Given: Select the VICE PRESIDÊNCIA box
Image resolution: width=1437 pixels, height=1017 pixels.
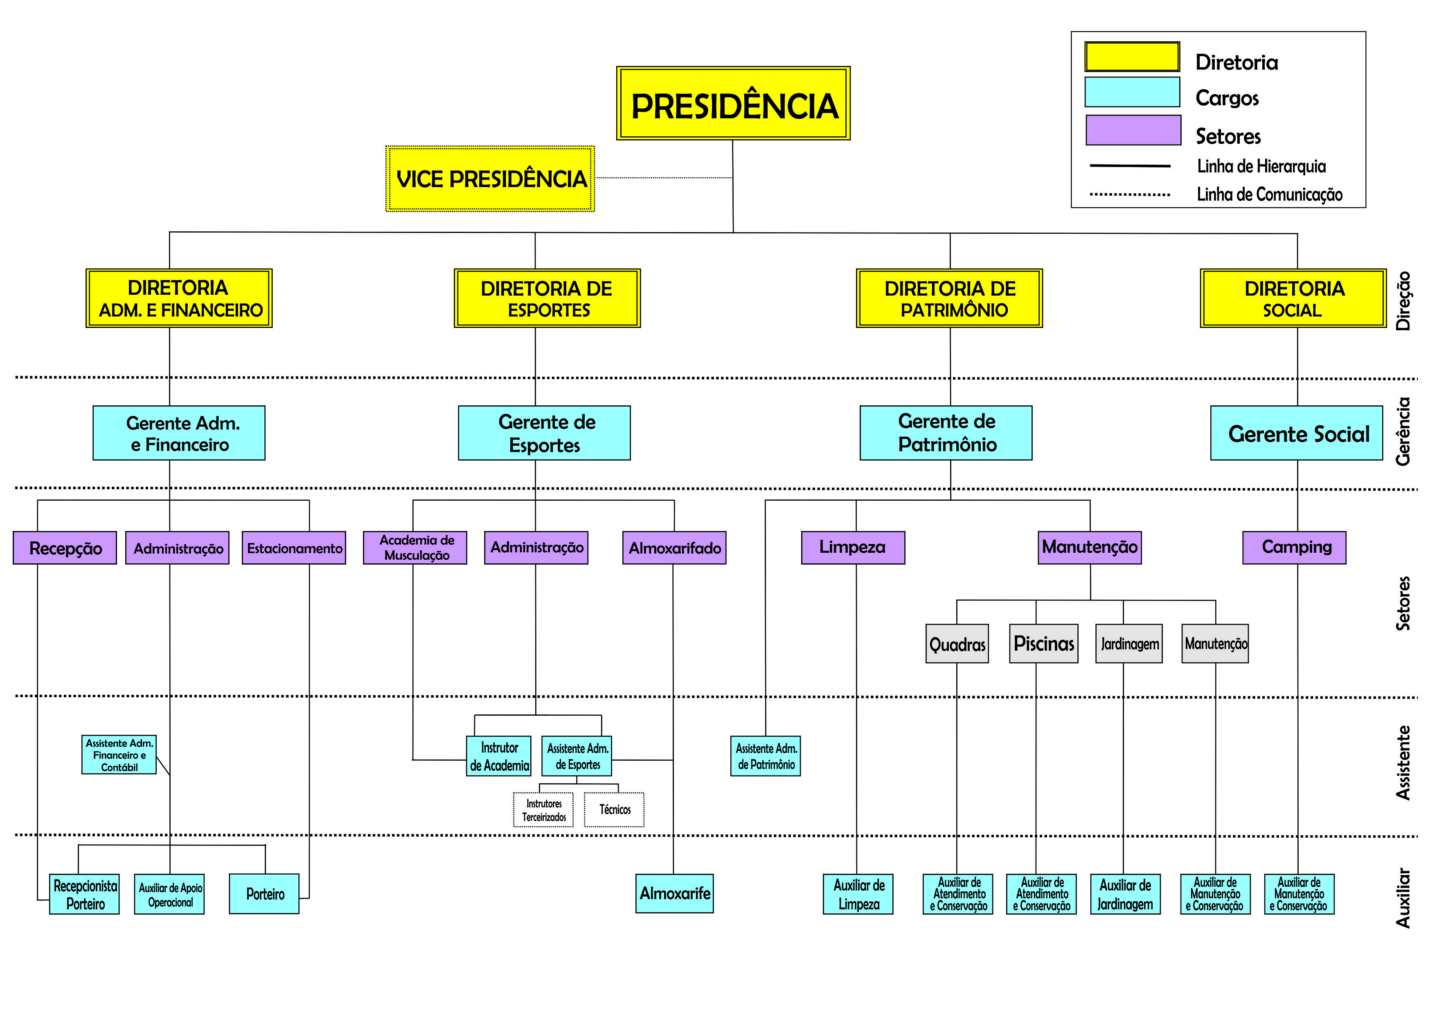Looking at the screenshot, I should pyautogui.click(x=490, y=179).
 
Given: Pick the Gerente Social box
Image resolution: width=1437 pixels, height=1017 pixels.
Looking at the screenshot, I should pyautogui.click(x=1296, y=433).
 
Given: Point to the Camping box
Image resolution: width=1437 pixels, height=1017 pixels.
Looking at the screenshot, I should pyautogui.click(x=1294, y=548).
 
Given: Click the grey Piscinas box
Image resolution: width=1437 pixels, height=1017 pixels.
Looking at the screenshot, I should pyautogui.click(x=1043, y=643).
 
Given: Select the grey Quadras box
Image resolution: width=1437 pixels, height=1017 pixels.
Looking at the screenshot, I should pyautogui.click(x=957, y=644).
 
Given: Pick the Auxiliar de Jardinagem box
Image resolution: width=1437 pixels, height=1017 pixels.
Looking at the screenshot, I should pyautogui.click(x=1125, y=894).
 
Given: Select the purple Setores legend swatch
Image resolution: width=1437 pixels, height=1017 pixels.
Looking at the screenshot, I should pyautogui.click(x=1133, y=130).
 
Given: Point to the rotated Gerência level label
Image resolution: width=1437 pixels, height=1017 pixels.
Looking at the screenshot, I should pyautogui.click(x=1403, y=432).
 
